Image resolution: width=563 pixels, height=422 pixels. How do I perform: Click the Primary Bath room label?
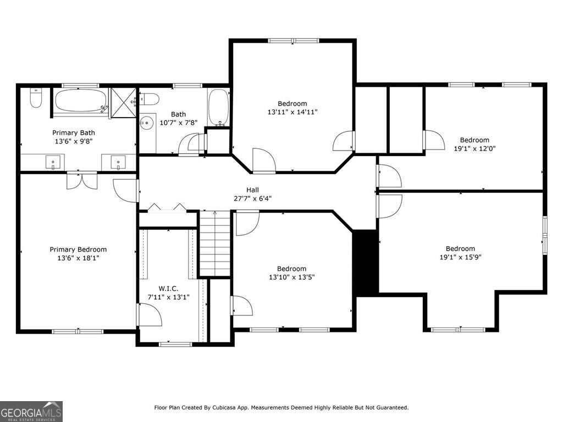coord(73,132)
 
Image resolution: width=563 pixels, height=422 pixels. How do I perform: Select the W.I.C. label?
coord(168,288)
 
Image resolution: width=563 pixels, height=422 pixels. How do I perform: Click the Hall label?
coord(253,190)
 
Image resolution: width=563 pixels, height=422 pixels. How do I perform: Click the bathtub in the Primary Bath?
coord(81,101)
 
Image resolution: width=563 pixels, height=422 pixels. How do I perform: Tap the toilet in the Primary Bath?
coord(35,99)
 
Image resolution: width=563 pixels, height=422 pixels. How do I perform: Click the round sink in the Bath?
coord(146,123)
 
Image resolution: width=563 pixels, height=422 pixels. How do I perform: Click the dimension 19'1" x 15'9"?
coord(460,257)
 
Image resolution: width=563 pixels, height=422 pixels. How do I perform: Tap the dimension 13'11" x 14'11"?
coord(292,112)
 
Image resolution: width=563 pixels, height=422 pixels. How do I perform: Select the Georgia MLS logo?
coord(31,411)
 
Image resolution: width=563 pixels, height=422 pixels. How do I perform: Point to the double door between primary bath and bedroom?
coord(81,181)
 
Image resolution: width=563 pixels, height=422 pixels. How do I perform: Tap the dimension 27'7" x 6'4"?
coord(253,198)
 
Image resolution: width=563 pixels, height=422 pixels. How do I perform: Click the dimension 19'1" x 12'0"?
coord(474,148)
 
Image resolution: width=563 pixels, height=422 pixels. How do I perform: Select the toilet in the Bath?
coord(149,99)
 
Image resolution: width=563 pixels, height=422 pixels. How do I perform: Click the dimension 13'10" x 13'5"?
coord(291,277)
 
